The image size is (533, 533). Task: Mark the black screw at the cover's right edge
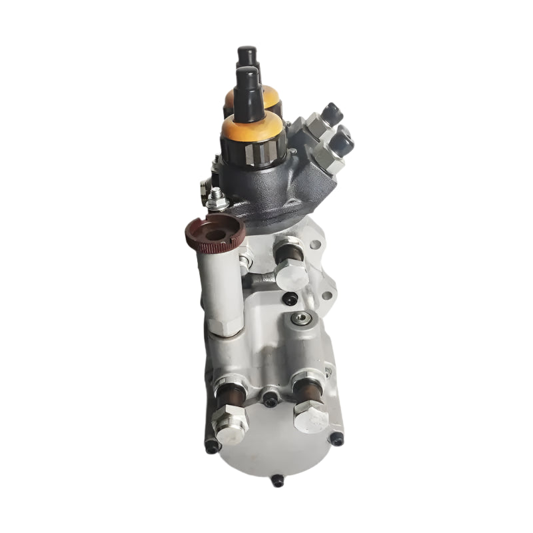point(338,438)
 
